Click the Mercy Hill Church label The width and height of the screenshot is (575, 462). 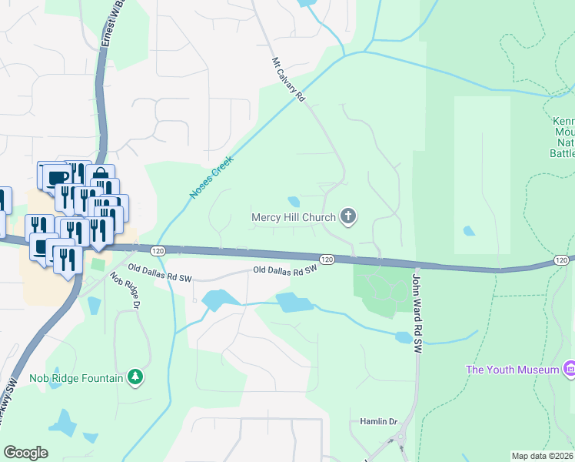click(294, 217)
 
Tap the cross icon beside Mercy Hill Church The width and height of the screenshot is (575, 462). click(348, 216)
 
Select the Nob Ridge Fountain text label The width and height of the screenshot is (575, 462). click(76, 377)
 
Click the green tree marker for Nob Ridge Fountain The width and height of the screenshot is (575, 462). click(135, 377)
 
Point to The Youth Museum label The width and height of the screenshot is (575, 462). click(512, 370)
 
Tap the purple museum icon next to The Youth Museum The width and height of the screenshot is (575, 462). click(570, 370)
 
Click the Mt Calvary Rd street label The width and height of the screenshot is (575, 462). click(289, 80)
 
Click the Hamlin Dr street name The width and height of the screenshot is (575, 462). click(378, 422)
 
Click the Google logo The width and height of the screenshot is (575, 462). click(25, 453)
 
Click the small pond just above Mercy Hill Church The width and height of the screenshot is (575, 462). click(294, 202)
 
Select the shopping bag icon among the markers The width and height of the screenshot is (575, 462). click(100, 175)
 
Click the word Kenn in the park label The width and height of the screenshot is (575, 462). click(563, 122)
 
